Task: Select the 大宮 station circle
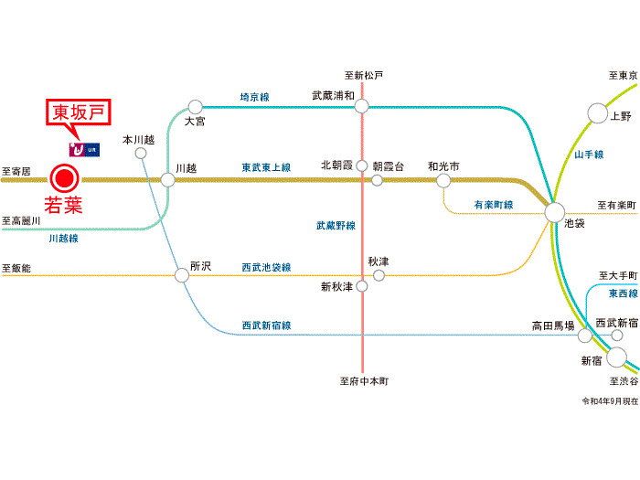coord(195,107)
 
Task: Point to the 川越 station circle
coord(167,179)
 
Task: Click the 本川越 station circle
coord(141,154)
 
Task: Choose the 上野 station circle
coord(597,113)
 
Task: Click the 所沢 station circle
coord(182,273)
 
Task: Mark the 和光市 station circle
coord(443,180)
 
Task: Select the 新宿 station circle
coord(616,357)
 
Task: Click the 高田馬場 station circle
coord(584,335)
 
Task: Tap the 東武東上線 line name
coord(266,168)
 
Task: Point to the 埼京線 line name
coord(254,96)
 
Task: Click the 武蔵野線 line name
coord(336,225)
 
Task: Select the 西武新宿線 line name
coord(266,325)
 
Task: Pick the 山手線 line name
coord(589,155)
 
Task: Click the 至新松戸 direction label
coord(364,75)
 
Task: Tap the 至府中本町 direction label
coord(364,381)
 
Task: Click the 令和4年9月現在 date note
coord(609,401)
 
